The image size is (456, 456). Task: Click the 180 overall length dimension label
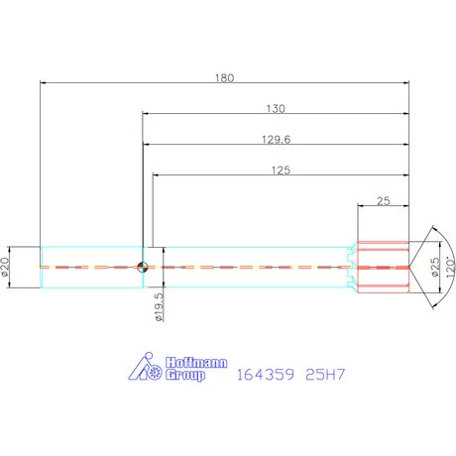225,78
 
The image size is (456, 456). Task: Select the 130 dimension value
276,109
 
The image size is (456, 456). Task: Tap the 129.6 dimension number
277,140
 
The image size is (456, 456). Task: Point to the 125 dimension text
281,171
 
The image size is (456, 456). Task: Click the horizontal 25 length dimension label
384,201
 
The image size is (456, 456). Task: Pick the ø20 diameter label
5,267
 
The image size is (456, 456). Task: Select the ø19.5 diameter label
159,307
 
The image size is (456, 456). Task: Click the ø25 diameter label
435,267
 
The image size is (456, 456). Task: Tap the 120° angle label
450,268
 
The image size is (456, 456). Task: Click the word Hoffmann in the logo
196,363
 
